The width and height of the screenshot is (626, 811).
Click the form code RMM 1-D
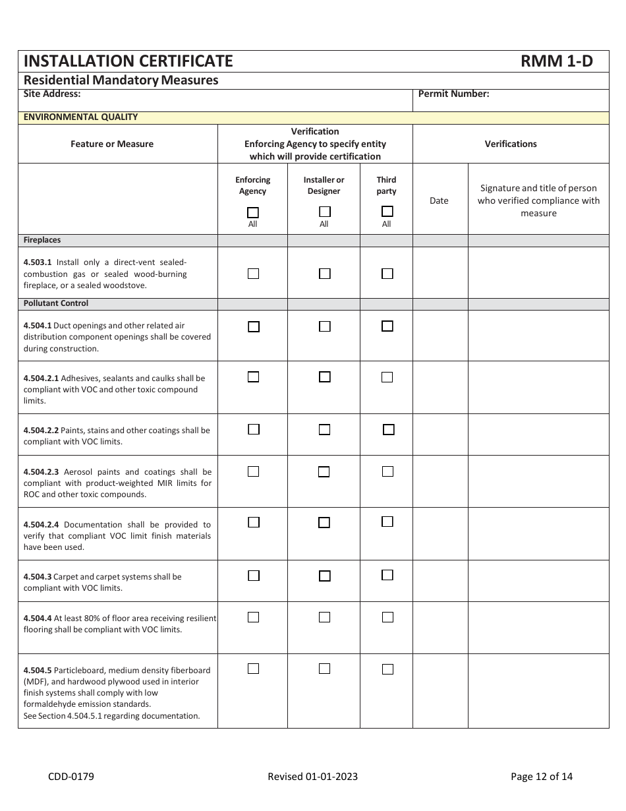tap(556, 61)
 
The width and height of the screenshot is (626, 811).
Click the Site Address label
tap(52, 94)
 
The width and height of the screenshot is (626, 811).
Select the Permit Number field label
tap(453, 94)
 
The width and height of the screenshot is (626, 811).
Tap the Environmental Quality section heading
tap(80, 117)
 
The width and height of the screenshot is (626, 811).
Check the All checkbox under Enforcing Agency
tap(253, 212)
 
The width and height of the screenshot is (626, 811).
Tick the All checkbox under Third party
tap(387, 212)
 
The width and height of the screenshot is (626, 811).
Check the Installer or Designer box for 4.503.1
tap(324, 273)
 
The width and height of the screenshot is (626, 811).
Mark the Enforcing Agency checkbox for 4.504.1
tap(254, 326)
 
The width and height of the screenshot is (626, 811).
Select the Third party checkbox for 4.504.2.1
tap(387, 377)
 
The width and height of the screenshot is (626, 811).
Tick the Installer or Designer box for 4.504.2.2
tap(324, 429)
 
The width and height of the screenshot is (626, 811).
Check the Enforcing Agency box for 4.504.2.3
tap(254, 471)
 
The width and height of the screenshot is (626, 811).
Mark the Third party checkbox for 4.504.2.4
tap(387, 522)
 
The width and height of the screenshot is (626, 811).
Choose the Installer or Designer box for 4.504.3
tap(324, 576)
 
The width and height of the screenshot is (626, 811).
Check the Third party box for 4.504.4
tap(387, 617)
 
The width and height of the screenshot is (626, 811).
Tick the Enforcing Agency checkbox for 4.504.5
tap(254, 669)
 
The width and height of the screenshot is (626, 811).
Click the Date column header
tap(439, 200)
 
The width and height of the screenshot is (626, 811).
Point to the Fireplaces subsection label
tap(42, 240)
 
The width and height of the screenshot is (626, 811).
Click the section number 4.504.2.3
tap(41, 472)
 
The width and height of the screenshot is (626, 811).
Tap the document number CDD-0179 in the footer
tap(71, 776)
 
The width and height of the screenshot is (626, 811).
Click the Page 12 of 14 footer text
tap(542, 776)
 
